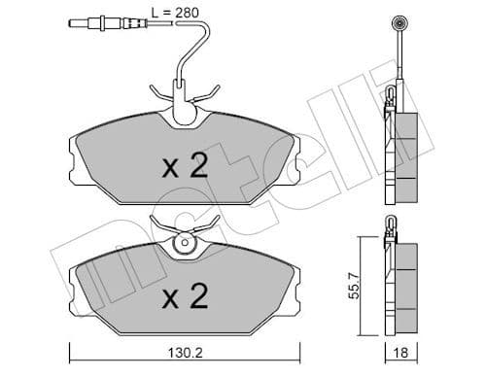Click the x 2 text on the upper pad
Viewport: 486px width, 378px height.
pos(184,166)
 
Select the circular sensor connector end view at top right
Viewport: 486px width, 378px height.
pos(398,22)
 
